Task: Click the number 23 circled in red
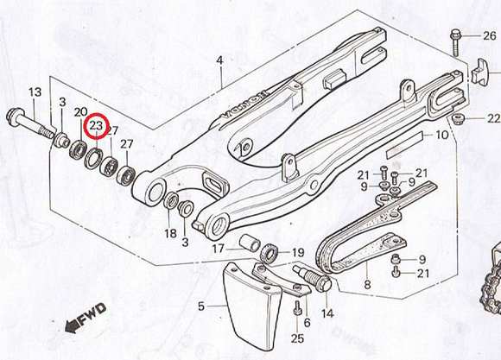pos(96,125)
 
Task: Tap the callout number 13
pos(35,92)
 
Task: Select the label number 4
pos(219,60)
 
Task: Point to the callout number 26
pos(489,35)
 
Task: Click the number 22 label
pos(493,118)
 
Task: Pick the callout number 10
pos(442,135)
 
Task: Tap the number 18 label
pos(171,233)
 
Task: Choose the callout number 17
pos(219,249)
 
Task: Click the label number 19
pos(298,253)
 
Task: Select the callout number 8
pos(367,284)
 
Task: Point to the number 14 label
pos(327,313)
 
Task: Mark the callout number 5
pos(200,306)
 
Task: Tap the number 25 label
pos(297,338)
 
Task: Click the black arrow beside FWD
pos(72,326)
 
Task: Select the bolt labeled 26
pos(455,43)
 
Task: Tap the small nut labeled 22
pos(457,120)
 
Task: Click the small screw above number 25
pos(297,308)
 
